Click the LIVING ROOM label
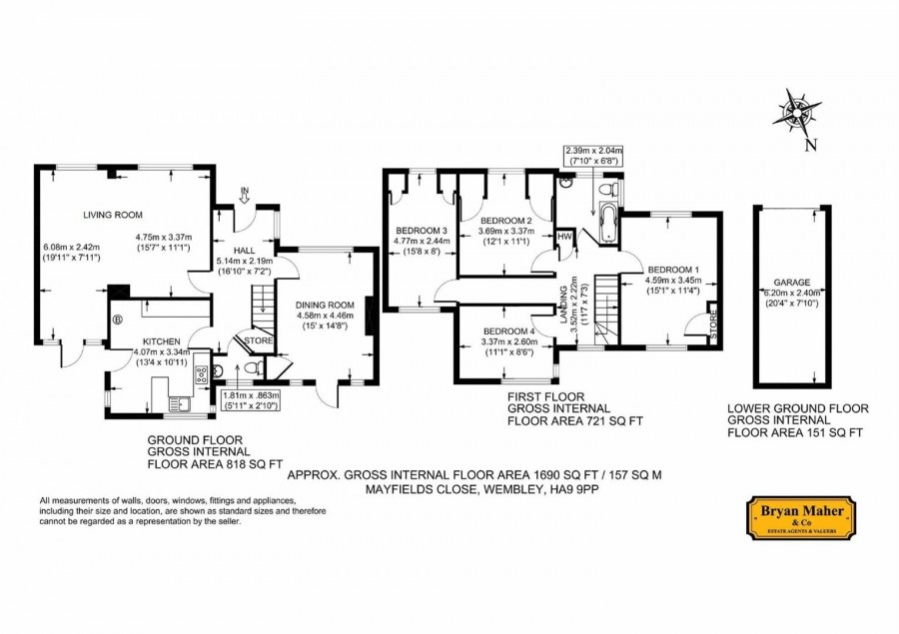click(113, 215)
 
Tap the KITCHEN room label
click(162, 341)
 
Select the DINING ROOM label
click(325, 305)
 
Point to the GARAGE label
click(792, 282)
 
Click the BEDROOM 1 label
click(673, 270)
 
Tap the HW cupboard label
click(564, 237)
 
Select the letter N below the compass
click(810, 146)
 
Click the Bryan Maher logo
click(801, 517)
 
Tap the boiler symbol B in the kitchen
click(118, 319)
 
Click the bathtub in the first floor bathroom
click(607, 224)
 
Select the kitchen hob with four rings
click(201, 374)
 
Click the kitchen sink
click(180, 405)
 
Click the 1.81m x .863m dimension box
click(251, 400)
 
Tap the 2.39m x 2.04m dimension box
click(594, 156)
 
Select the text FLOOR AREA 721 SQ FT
click(575, 420)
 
